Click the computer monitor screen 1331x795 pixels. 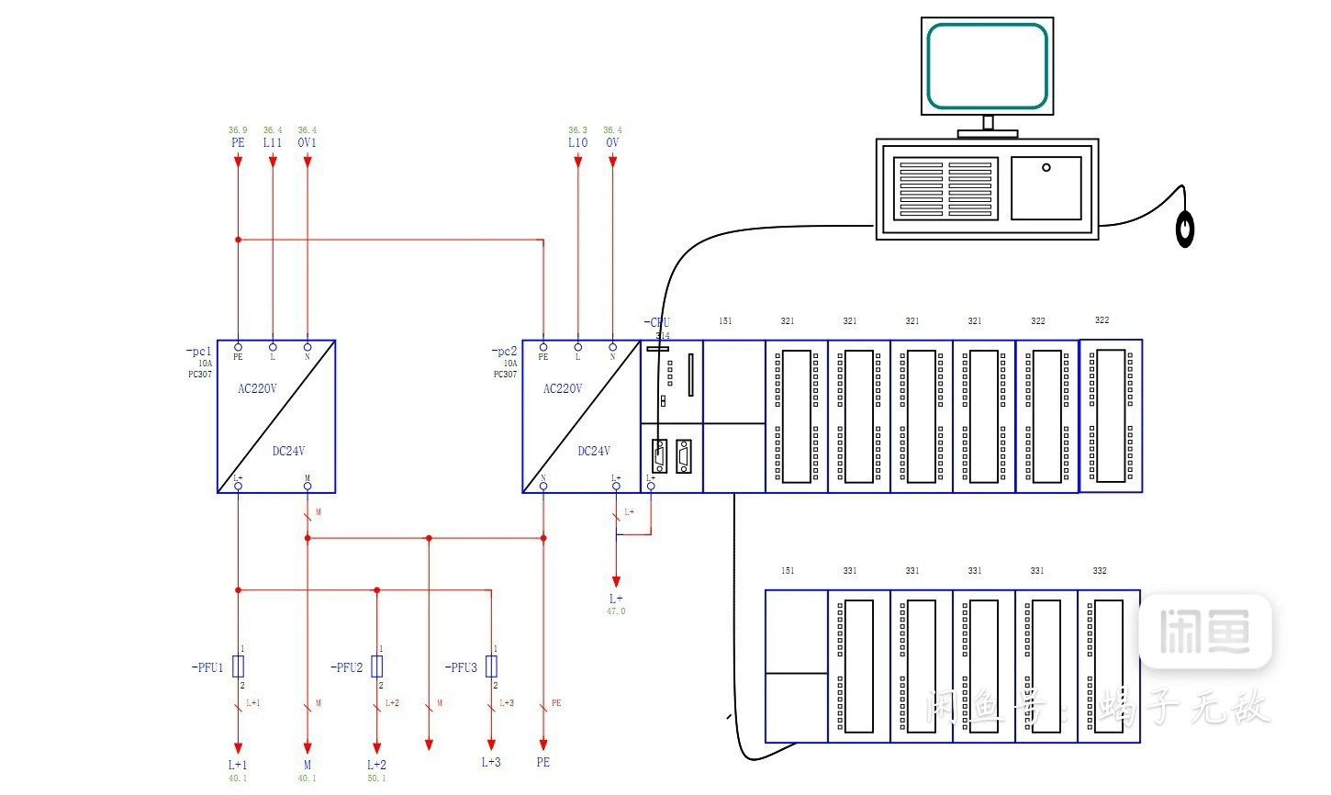point(987,66)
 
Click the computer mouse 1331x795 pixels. point(1186,229)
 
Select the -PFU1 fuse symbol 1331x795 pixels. point(239,666)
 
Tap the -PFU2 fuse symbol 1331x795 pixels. point(376,666)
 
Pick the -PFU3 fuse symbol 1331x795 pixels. point(491,666)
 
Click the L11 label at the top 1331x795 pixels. point(273,143)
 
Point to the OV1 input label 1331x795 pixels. point(307,143)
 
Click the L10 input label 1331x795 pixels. point(577,143)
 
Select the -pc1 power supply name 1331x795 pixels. point(199,352)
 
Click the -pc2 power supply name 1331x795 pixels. point(505,352)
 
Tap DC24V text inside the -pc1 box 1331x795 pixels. point(288,451)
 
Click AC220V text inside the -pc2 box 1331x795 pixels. point(563,388)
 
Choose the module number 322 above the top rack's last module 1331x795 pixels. point(1102,320)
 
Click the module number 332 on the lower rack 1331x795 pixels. point(1100,571)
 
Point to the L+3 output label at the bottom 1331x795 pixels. point(491,762)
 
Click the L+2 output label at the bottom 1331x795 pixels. point(376,765)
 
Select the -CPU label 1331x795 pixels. point(657,323)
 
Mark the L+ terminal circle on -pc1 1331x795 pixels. point(238,486)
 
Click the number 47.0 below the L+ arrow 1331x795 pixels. point(616,611)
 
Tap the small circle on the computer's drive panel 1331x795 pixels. point(1046,168)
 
